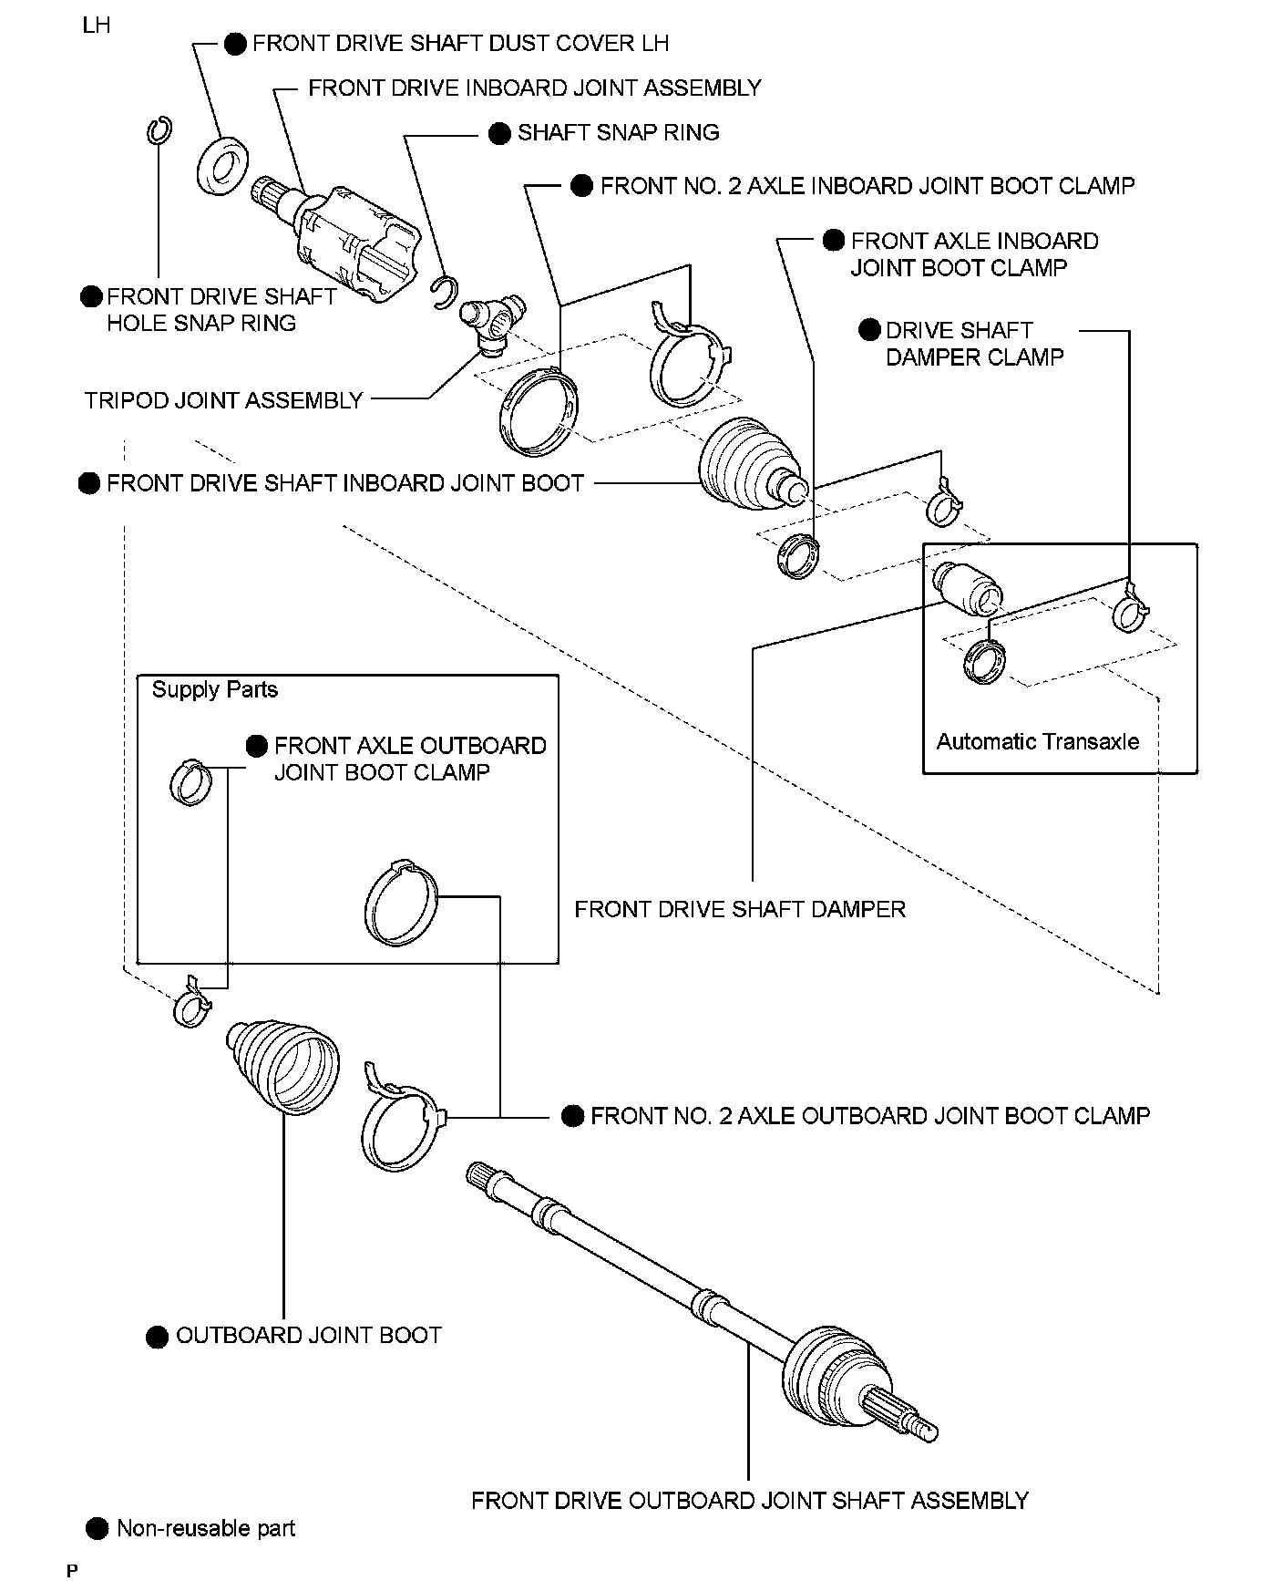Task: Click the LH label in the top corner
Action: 97,26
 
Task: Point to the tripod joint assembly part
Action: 493,323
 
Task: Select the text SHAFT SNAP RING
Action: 619,133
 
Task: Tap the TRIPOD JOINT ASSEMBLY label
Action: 224,401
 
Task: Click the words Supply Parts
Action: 215,690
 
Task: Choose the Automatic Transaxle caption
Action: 1038,742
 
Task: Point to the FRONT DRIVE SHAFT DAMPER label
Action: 740,910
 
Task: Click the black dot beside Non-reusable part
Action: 96,1529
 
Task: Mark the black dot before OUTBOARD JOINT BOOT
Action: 157,1338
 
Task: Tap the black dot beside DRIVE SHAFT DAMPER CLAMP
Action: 870,330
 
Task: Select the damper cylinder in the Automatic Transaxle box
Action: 968,587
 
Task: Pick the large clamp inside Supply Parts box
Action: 401,903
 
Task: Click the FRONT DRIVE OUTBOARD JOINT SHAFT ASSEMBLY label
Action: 749,1502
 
